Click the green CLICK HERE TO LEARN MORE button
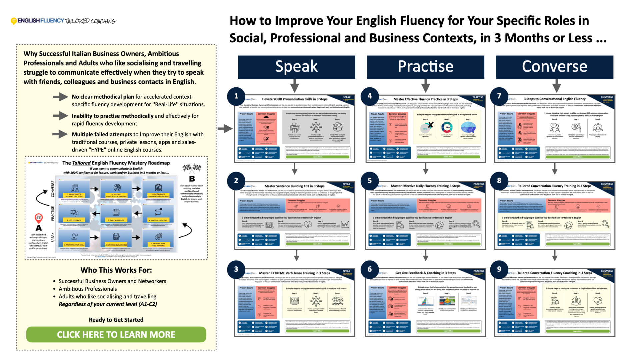pyautogui.click(x=116, y=334)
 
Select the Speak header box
pyautogui.click(x=296, y=67)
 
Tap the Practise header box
pyautogui.click(x=425, y=67)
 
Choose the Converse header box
pyautogui.click(x=554, y=67)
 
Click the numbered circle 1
pyautogui.click(x=236, y=96)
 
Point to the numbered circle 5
pyautogui.click(x=369, y=180)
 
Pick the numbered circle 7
pyautogui.click(x=499, y=96)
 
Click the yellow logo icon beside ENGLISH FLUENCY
pyautogui.click(x=14, y=21)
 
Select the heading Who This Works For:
pyautogui.click(x=116, y=270)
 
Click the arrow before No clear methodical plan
pyautogui.click(x=60, y=97)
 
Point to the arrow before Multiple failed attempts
pyautogui.click(x=60, y=134)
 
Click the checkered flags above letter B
pyautogui.click(x=192, y=168)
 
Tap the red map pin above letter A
pyautogui.click(x=39, y=218)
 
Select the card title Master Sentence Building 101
pyautogui.click(x=294, y=186)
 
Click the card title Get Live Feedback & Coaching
pyautogui.click(x=425, y=273)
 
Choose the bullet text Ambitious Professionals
pyautogui.click(x=88, y=289)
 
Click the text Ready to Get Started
pyautogui.click(x=116, y=320)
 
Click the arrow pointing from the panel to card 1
pyautogui.click(x=225, y=128)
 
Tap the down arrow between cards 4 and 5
pyautogui.click(x=425, y=169)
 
